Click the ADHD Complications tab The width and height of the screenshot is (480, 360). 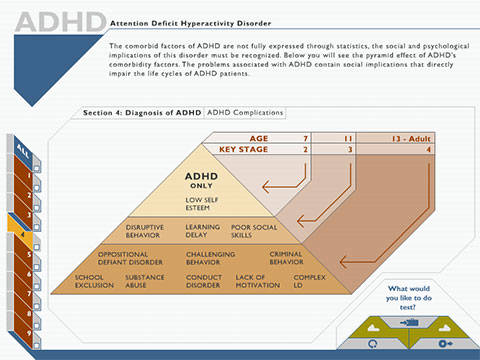coord(244,114)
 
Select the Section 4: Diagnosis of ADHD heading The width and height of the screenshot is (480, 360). coord(142,114)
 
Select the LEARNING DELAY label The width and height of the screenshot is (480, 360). coord(204,231)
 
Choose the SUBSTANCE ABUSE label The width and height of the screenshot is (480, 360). coord(144,281)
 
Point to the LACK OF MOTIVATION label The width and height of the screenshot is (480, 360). coord(257,281)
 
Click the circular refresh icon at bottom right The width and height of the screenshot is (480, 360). coord(374,343)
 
